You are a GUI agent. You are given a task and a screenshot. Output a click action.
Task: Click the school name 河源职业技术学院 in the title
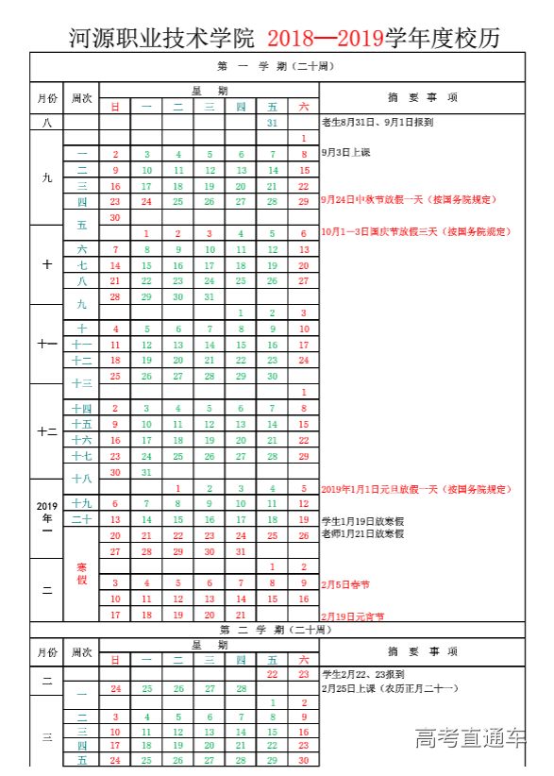[x=161, y=38]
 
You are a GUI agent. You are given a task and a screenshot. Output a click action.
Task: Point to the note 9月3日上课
[x=345, y=151]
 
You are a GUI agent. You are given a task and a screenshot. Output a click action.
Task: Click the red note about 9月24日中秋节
[x=395, y=200]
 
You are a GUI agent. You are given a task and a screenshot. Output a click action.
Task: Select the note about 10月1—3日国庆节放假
[x=401, y=232]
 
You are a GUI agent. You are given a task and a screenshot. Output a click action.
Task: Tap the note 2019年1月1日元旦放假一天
[x=402, y=489]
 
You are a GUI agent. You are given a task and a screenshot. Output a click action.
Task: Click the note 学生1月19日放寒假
[x=362, y=520]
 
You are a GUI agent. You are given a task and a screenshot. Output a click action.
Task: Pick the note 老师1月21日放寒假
[x=362, y=534]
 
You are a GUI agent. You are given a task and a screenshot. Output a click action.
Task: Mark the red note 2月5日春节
[x=344, y=584]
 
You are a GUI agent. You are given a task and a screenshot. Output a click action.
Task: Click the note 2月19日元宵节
[x=352, y=616]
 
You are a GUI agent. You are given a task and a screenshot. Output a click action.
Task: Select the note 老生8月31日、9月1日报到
[x=378, y=122]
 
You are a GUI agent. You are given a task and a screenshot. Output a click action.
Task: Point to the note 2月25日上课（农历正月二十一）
[x=389, y=688]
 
